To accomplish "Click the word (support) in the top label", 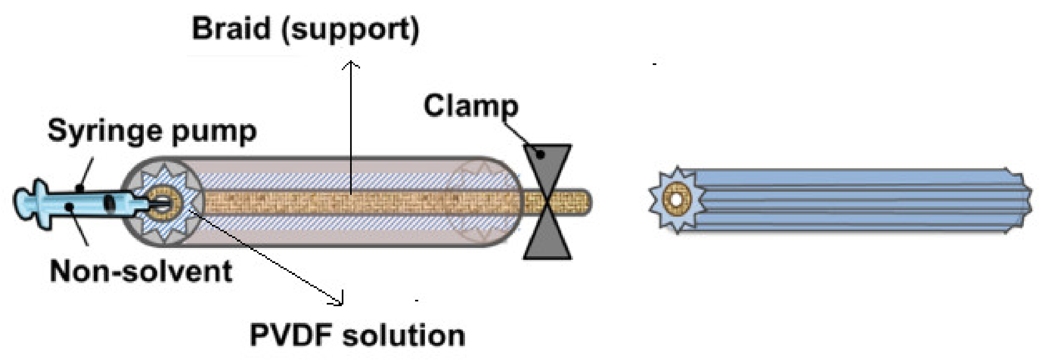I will coord(350,30).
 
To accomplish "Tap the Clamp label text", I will coord(471,106).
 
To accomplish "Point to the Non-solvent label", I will coord(141,271).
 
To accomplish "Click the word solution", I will coord(404,335).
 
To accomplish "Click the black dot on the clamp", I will coord(540,154).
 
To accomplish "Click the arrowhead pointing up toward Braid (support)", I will coord(351,64).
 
